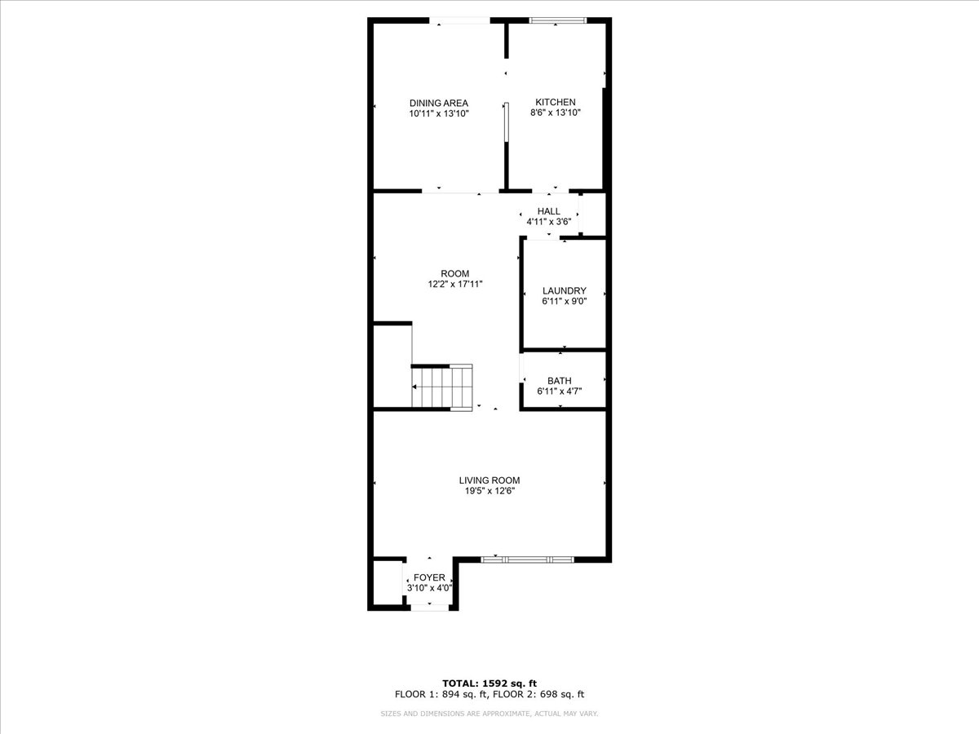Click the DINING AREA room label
point(439,104)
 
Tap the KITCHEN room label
point(556,102)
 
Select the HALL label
point(548,211)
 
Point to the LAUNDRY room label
point(565,290)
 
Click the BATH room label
point(560,381)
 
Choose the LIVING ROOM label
point(489,480)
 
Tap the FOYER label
point(429,577)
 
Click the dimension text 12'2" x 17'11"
point(455,284)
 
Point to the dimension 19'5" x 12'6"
point(489,491)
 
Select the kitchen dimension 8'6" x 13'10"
point(556,113)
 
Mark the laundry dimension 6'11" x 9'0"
point(565,301)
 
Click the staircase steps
point(441,387)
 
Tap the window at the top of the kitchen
point(557,20)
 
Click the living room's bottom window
point(527,559)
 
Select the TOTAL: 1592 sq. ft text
point(489,683)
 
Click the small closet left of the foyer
point(388,582)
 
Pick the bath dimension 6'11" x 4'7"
point(560,391)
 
